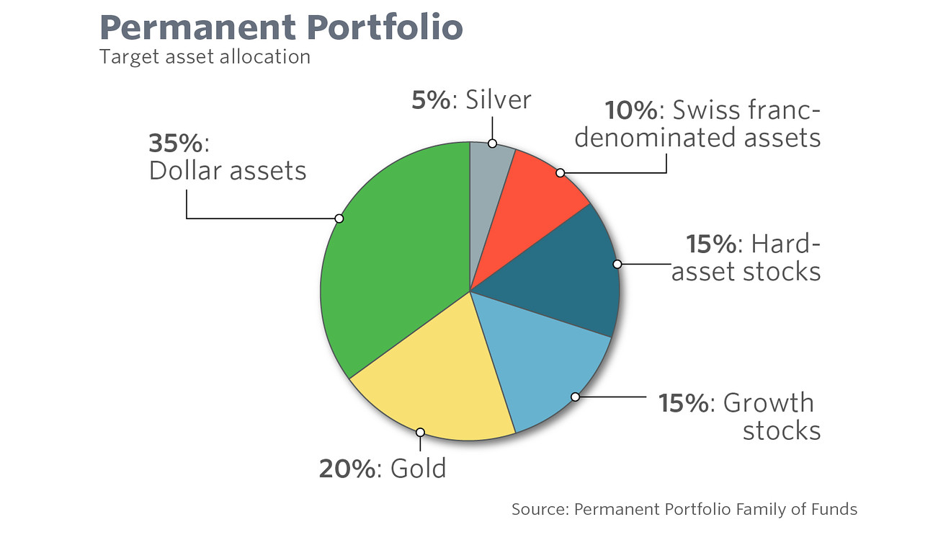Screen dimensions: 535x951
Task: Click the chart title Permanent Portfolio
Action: (281, 27)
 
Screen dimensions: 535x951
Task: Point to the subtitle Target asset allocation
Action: (205, 56)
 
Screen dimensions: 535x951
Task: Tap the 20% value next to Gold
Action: (347, 469)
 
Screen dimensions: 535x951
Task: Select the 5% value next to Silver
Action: (431, 100)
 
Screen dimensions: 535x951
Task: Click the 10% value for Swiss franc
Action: (631, 110)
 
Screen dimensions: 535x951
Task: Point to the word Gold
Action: (418, 469)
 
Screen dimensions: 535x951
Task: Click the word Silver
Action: (499, 100)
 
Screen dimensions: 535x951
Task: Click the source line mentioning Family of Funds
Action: (684, 509)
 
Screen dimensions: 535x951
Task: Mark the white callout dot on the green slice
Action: (339, 218)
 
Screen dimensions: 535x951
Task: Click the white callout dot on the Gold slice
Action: (420, 433)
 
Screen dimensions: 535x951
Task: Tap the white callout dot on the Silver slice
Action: (492, 143)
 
